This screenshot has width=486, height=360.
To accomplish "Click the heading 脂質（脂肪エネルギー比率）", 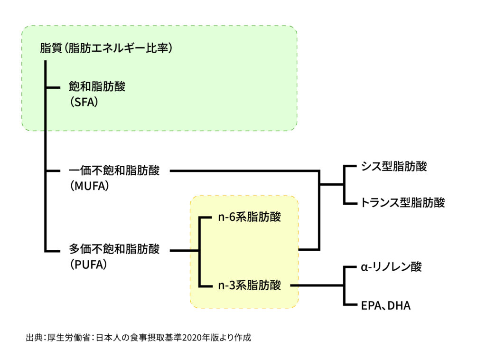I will [106, 48].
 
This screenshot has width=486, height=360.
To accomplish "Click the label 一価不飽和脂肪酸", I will [114, 170].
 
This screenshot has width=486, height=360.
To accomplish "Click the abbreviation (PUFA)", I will [88, 263].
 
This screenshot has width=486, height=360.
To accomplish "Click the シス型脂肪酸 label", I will [393, 166].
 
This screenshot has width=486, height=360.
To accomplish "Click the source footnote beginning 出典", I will [138, 338].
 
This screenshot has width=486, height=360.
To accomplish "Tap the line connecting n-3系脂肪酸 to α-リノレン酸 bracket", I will [316, 285].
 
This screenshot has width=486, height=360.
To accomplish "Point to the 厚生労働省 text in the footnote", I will [69, 338].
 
